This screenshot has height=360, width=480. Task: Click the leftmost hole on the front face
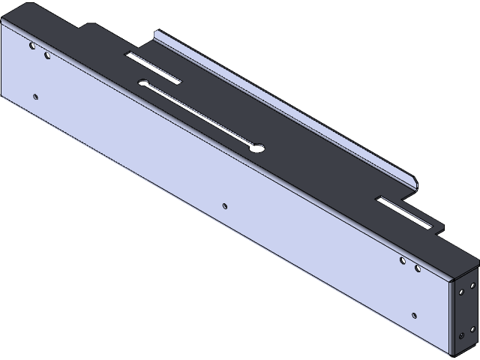pos(31,46)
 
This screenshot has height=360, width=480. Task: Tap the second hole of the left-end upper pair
pos(47,55)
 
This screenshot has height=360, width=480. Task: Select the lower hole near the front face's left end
pos(35,95)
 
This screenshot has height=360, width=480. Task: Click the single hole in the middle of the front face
pos(225,204)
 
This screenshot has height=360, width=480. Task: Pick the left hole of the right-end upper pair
pos(403,260)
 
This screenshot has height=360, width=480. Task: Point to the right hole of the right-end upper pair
pos(418,268)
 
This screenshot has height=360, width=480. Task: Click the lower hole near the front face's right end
pos(413,315)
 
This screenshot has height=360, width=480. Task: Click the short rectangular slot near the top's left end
pos(153,67)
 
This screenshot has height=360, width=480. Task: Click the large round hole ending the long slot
pos(256,147)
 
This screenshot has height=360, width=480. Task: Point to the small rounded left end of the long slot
pos(142,82)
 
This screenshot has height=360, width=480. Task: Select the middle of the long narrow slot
pos(199,114)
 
